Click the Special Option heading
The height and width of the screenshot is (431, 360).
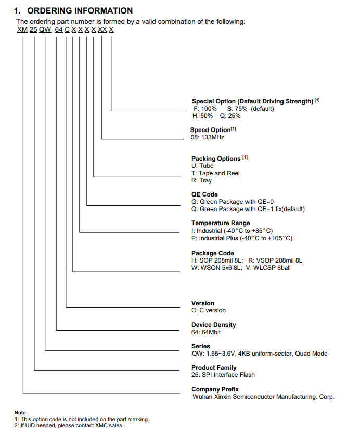click(253, 101)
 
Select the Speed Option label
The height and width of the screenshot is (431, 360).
click(210, 130)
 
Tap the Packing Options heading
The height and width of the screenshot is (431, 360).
click(216, 159)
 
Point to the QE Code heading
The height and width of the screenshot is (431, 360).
click(204, 194)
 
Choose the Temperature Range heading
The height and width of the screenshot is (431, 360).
click(221, 223)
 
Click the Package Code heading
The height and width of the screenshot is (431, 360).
click(213, 253)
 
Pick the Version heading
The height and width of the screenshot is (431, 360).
click(203, 303)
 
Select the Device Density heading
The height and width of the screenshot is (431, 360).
click(213, 325)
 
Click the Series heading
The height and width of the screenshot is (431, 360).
click(201, 346)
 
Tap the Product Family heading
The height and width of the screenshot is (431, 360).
click(214, 368)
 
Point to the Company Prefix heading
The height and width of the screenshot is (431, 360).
click(215, 389)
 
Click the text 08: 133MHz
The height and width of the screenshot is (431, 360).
click(208, 137)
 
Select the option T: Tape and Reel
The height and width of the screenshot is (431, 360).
click(215, 173)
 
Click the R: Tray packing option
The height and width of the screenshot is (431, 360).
click(202, 180)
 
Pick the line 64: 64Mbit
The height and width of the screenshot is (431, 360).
click(207, 332)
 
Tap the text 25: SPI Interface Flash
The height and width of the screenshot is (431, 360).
click(223, 375)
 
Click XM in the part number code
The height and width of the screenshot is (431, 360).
click(22, 30)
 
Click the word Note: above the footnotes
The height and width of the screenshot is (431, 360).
click(21, 413)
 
